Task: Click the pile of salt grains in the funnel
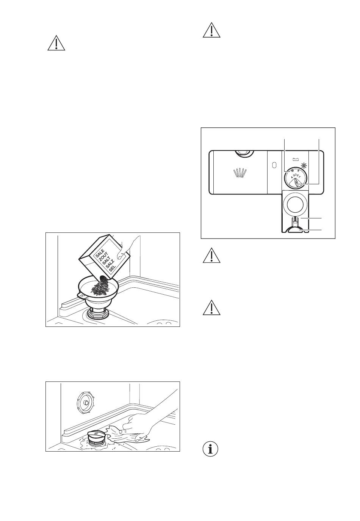pyautogui.click(x=99, y=288)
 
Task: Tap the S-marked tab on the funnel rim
pyautogui.click(x=83, y=295)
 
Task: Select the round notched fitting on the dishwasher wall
pyautogui.click(x=84, y=403)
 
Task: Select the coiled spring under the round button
pyautogui.click(x=294, y=219)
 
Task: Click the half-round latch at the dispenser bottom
pyautogui.click(x=294, y=230)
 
